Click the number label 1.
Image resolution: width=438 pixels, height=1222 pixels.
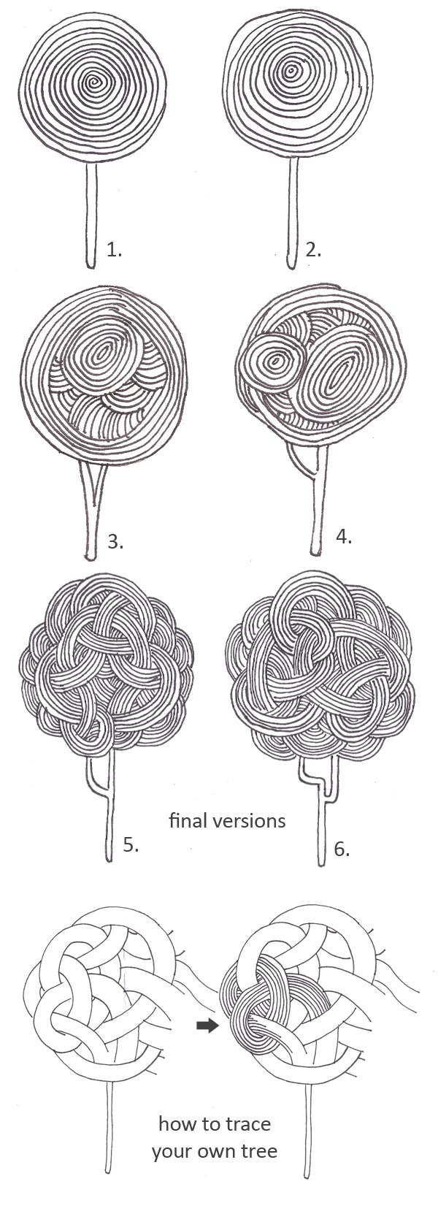114,250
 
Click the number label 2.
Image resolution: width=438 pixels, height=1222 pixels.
314,250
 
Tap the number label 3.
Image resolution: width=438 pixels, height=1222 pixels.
115,541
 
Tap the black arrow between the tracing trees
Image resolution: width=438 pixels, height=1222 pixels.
208,1026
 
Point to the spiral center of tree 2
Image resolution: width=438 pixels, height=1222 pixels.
291,71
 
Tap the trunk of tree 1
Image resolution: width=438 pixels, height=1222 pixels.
92,215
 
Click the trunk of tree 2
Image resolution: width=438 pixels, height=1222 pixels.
293,215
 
